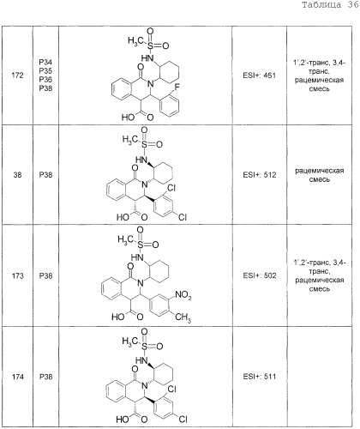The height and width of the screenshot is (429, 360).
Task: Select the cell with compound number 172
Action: point(17,76)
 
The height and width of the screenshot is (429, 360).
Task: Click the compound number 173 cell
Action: point(17,275)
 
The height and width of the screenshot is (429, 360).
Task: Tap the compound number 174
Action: point(17,377)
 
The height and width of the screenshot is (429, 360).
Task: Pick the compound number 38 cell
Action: point(17,175)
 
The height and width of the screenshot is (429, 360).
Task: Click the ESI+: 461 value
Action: point(260,76)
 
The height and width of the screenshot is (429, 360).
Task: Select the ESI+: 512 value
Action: point(260,175)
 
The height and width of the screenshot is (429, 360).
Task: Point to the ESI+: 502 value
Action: point(260,275)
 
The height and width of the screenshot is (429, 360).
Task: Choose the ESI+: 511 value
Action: point(260,377)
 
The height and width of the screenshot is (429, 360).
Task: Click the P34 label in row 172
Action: point(45,63)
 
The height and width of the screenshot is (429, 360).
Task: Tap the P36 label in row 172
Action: point(45,80)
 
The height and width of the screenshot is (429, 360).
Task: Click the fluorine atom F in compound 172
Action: point(177,88)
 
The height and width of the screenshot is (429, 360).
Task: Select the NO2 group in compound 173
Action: point(183,295)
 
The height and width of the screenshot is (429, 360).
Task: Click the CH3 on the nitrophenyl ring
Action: point(183,317)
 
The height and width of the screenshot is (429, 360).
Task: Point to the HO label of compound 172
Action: point(128,118)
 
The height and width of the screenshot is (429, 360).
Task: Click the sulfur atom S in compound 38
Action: point(144,144)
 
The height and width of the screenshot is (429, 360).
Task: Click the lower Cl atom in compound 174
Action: point(183,420)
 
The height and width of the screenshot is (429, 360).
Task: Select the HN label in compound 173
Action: point(137,257)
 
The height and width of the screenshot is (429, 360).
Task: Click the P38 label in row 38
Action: point(45,175)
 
